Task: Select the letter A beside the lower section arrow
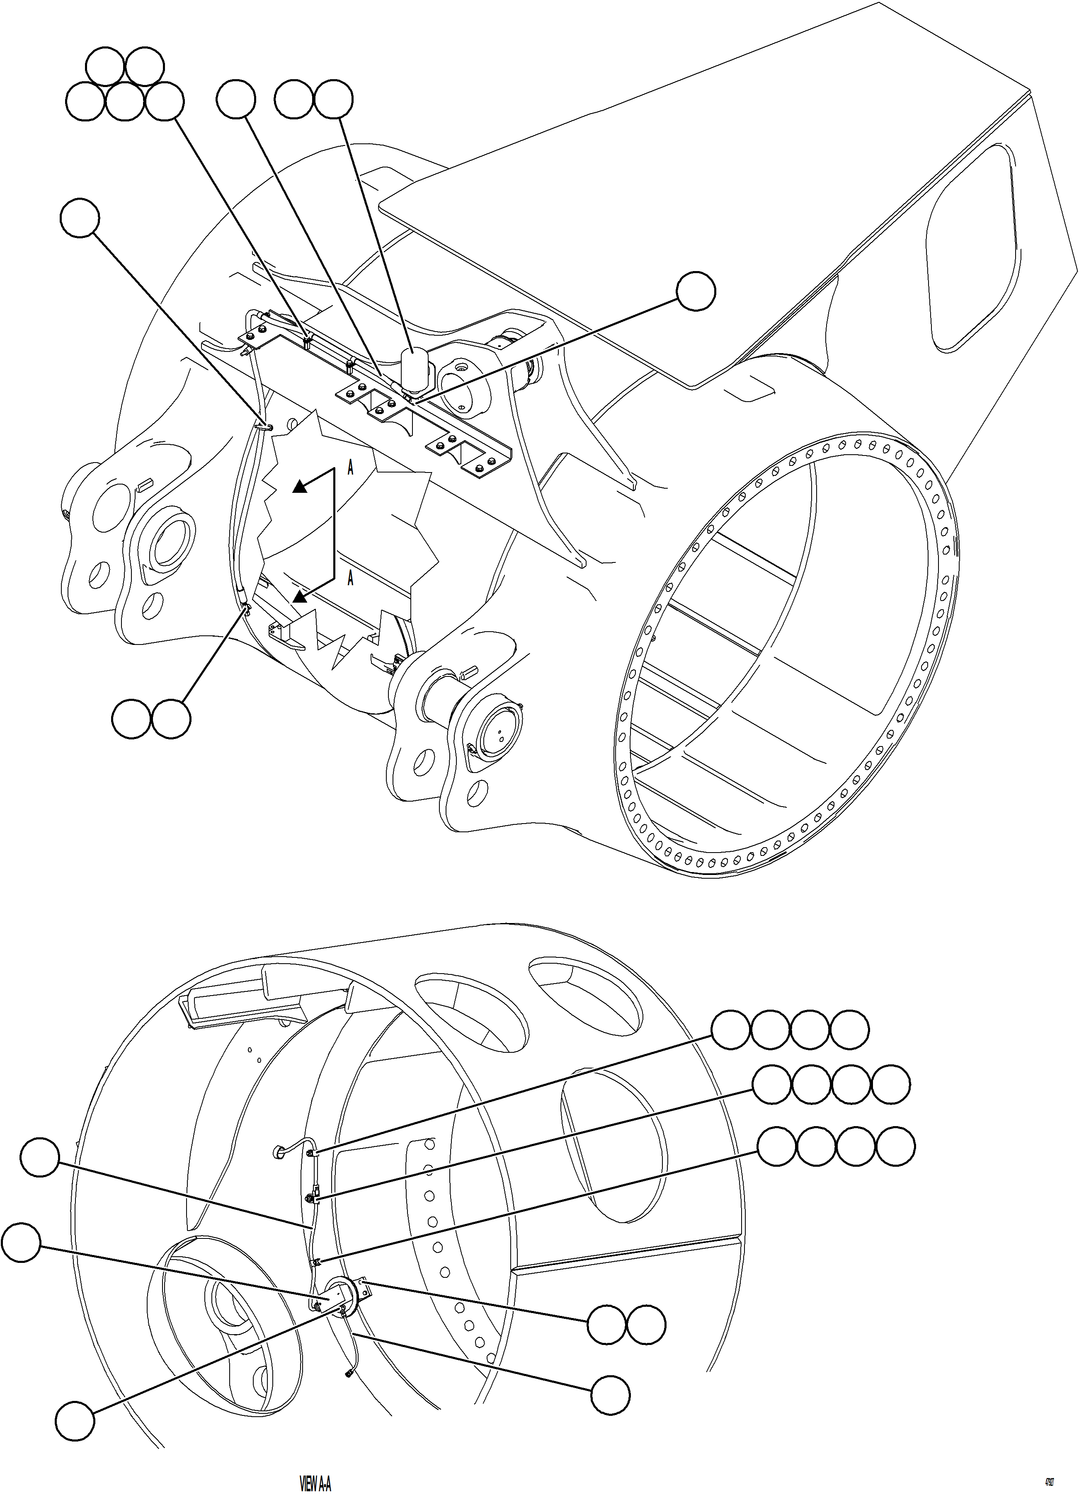(x=351, y=578)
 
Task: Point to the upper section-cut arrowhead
(x=300, y=487)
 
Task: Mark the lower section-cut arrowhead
(x=300, y=596)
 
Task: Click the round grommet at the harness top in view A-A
(x=279, y=1151)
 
